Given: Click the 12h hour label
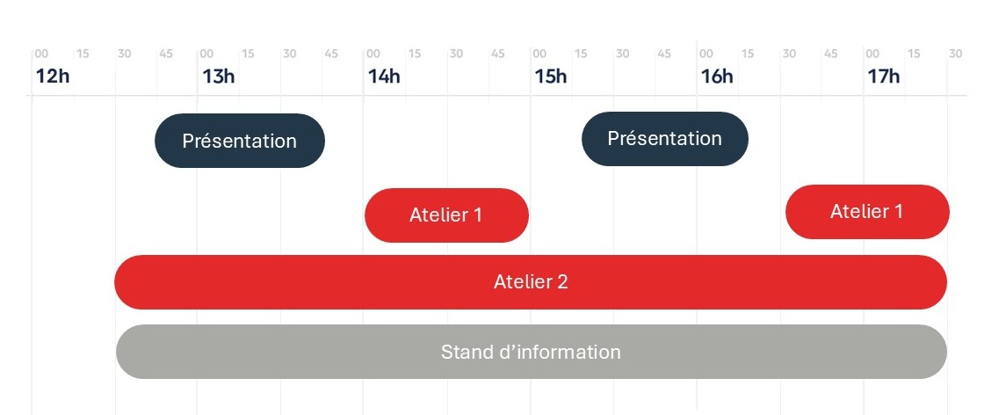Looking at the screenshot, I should [52, 76].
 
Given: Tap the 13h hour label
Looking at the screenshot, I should [218, 76].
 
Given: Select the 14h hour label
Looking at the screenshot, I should [384, 76].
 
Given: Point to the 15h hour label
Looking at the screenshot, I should [550, 76].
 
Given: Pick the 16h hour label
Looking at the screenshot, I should [716, 76].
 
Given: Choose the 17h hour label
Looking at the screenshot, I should [883, 76].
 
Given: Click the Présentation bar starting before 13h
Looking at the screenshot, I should [240, 141].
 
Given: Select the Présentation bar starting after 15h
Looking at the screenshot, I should [664, 139].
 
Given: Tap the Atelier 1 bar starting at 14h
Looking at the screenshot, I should [446, 215].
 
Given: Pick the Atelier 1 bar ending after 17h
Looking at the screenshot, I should [866, 212].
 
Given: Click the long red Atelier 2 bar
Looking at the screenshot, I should [531, 282].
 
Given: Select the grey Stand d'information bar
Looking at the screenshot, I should [531, 352].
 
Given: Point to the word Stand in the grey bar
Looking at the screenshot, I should [467, 352].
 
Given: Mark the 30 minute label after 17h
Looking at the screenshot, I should [955, 55].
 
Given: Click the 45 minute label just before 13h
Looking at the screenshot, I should [166, 55].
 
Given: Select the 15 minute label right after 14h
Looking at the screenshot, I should [415, 55].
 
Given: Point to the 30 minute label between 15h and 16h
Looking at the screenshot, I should [622, 55].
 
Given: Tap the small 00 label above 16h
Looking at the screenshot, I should [706, 55].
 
